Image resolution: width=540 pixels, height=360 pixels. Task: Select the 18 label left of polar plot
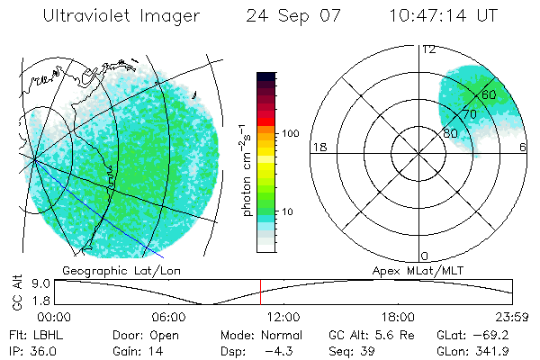(x=318, y=147)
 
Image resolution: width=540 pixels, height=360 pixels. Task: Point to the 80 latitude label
(x=450, y=133)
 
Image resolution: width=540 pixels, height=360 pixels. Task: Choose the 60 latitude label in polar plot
(x=489, y=94)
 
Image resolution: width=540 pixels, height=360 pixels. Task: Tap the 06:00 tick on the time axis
(x=168, y=317)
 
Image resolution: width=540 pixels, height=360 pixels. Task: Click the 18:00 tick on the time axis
(x=398, y=317)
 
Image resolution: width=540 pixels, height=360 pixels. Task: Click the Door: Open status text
(x=146, y=334)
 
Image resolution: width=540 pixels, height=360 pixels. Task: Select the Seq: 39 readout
(x=352, y=349)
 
